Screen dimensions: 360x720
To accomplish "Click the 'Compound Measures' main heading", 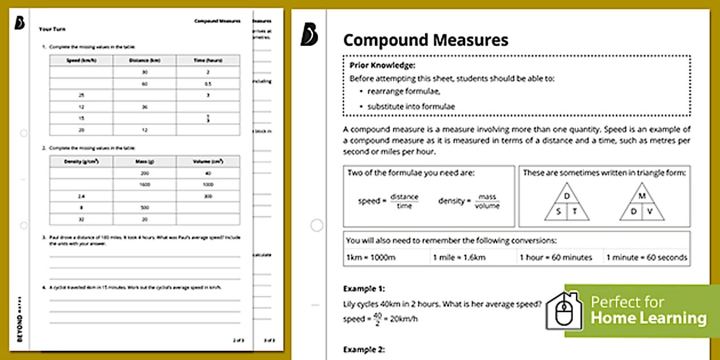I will point(425,40).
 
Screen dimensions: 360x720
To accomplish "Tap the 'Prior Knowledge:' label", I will point(382,65).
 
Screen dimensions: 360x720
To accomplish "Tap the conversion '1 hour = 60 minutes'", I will point(555,257).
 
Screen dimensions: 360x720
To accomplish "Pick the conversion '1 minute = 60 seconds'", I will point(646,257).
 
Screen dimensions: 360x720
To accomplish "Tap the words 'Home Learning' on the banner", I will point(649,318).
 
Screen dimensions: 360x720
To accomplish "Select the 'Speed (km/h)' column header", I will point(81,61).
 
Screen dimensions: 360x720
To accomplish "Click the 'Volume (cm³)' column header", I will point(208,162).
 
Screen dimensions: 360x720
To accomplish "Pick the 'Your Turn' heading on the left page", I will point(47,28).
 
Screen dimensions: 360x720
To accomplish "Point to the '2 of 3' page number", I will point(238,340).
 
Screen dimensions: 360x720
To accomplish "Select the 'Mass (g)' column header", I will point(145,162).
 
